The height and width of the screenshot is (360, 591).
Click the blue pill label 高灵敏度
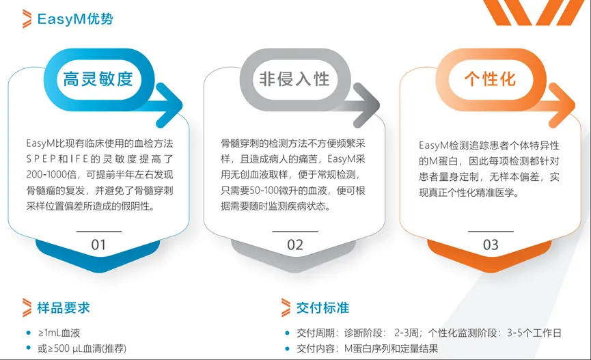(x=98, y=79)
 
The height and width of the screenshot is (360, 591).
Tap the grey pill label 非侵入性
(x=294, y=79)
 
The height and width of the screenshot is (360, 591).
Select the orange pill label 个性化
(x=490, y=79)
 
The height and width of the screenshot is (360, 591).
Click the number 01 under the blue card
(x=98, y=245)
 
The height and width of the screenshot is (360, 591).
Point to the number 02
(x=294, y=245)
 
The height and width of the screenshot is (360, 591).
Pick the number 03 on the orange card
(x=491, y=245)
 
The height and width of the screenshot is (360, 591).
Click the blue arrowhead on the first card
(x=169, y=105)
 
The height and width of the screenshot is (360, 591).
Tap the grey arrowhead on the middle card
(x=366, y=105)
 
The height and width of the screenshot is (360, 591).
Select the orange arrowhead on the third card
(x=562, y=105)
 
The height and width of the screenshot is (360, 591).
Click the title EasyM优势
(x=75, y=19)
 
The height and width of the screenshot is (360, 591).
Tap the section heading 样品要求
(x=64, y=307)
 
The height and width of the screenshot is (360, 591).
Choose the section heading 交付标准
(x=322, y=307)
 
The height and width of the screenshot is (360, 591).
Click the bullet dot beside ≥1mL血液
(x=28, y=333)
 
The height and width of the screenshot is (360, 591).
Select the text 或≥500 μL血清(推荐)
(x=82, y=348)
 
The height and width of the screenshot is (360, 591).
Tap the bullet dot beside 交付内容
(x=287, y=348)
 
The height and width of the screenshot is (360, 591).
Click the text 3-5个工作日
(x=534, y=333)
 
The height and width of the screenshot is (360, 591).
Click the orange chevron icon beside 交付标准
(x=286, y=307)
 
